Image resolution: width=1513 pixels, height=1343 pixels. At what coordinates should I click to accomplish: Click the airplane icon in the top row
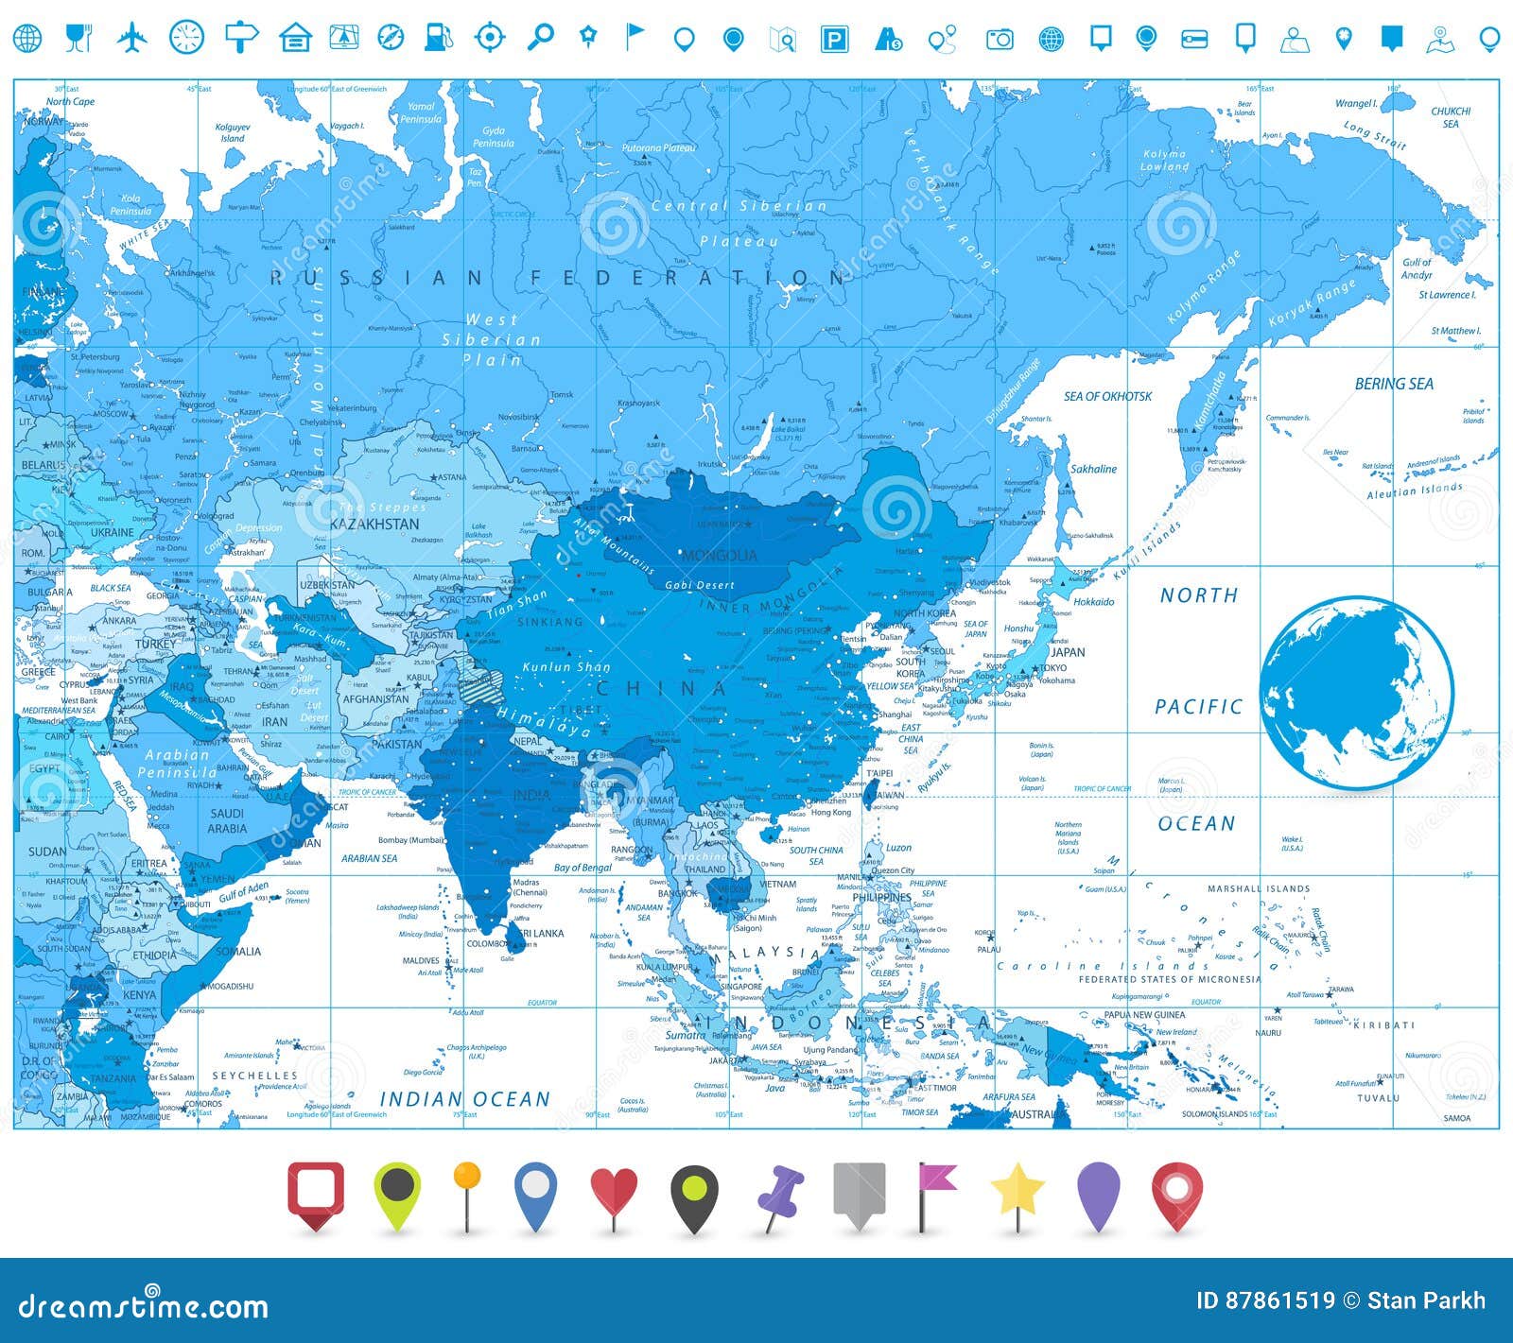133,38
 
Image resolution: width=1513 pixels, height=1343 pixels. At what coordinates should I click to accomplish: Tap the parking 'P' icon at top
833,39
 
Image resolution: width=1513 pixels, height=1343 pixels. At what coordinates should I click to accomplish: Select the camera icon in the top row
1000,39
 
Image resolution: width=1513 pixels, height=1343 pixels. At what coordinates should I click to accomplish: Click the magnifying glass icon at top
540,37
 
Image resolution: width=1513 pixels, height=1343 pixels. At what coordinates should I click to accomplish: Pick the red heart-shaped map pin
614,1193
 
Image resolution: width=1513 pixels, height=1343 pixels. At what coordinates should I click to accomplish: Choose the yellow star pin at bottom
1017,1193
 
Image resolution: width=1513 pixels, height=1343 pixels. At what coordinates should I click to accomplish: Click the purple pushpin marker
781,1193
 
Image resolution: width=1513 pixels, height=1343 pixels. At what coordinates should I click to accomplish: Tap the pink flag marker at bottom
935,1193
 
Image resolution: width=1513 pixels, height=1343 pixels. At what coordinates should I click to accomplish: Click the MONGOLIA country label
719,555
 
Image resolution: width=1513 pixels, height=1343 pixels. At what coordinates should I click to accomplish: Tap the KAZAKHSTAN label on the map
374,524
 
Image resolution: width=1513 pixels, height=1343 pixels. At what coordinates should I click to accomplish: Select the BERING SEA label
1393,384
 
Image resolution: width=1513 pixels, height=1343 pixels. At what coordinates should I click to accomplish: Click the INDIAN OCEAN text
464,1099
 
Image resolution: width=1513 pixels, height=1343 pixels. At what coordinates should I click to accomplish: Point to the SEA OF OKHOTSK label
1107,396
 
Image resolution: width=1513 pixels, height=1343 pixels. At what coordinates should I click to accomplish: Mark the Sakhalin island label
1093,469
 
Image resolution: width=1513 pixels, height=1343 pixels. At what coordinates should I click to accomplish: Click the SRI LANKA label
541,933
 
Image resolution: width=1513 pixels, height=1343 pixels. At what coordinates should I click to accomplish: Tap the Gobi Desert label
699,585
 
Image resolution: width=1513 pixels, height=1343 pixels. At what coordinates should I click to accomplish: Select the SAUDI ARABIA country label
227,820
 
